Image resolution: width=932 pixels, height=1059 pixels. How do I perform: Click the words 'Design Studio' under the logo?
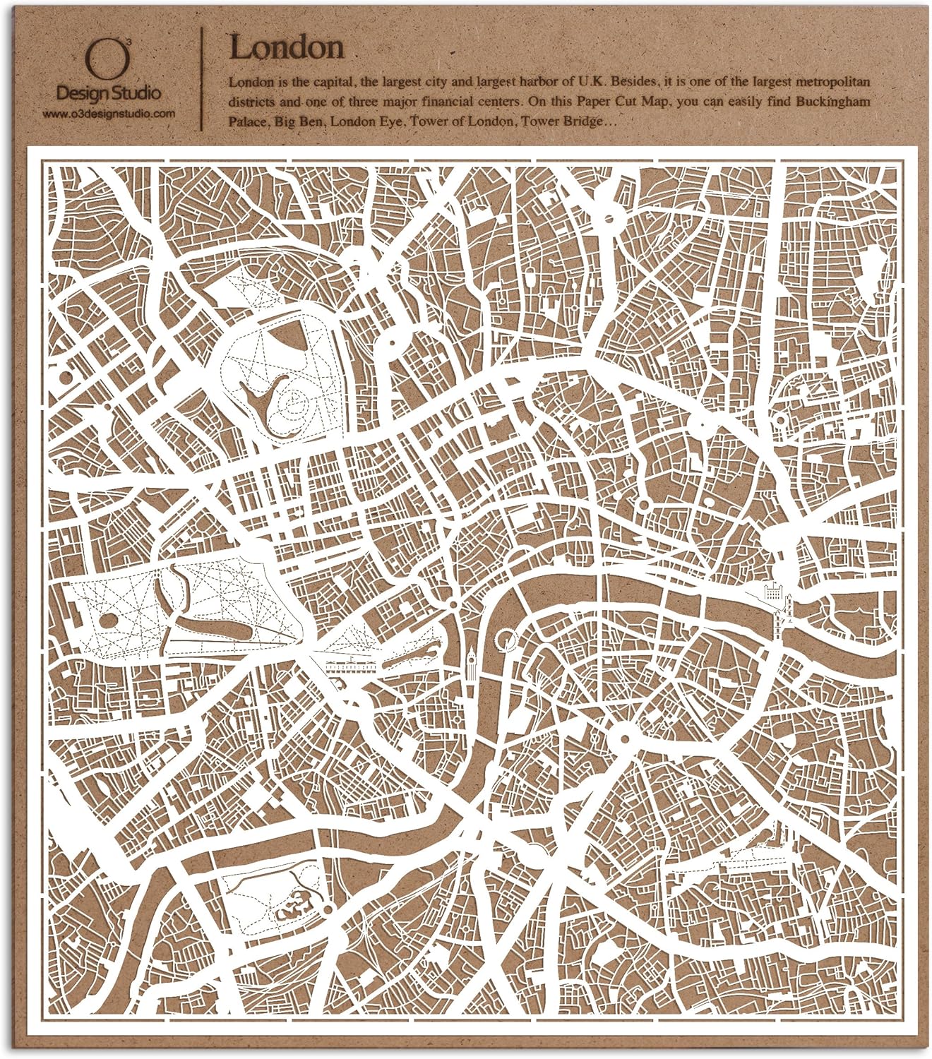[107, 92]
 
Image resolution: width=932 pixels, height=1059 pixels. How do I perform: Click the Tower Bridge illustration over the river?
[786, 607]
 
